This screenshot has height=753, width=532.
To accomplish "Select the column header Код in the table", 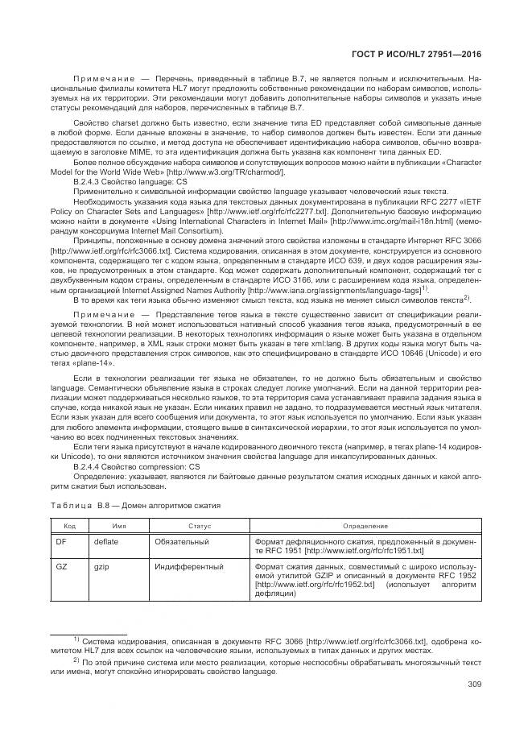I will [x=60, y=525].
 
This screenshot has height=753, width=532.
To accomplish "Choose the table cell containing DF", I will [x=60, y=543].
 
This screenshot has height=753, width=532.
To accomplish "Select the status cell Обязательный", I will [x=179, y=543].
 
